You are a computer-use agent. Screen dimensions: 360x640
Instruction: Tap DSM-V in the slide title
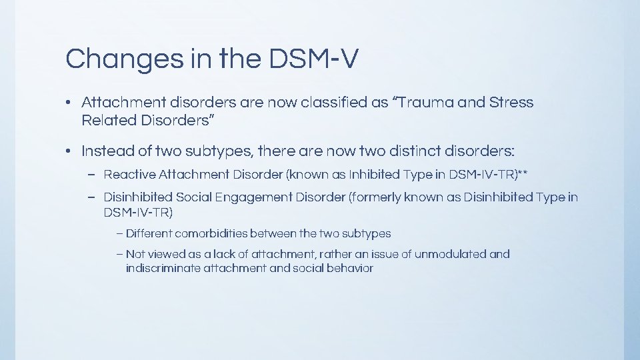coord(314,59)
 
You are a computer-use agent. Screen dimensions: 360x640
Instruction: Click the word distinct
coord(406,151)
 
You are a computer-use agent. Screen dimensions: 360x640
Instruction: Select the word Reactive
coord(129,175)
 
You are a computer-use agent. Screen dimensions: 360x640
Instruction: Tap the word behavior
coord(351,269)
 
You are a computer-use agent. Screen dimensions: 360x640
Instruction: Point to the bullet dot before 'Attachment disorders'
coord(69,103)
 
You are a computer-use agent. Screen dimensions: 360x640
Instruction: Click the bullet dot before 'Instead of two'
coord(69,151)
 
